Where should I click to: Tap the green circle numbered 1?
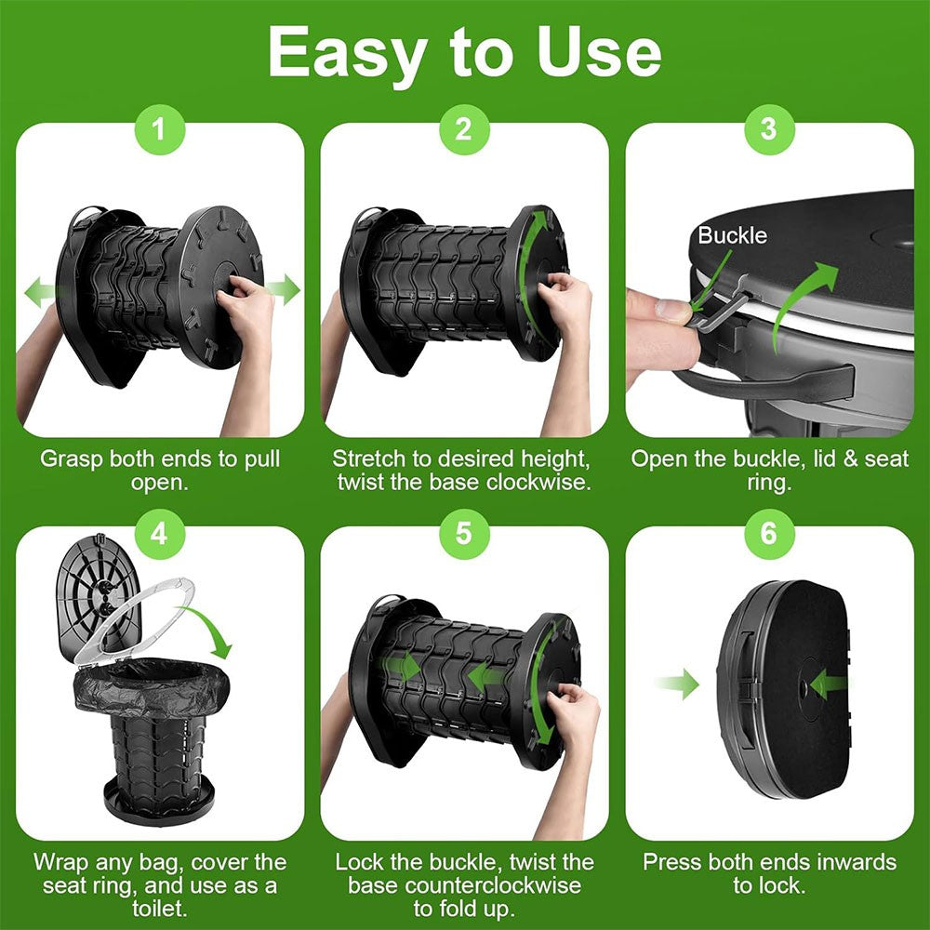(160, 127)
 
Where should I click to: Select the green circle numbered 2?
(464, 127)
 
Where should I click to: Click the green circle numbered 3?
(768, 127)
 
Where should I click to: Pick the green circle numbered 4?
(160, 532)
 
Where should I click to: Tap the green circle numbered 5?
(464, 532)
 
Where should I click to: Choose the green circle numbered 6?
(768, 532)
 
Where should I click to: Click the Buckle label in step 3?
(733, 235)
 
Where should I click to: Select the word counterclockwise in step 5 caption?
(464, 885)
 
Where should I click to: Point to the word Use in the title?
(603, 52)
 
